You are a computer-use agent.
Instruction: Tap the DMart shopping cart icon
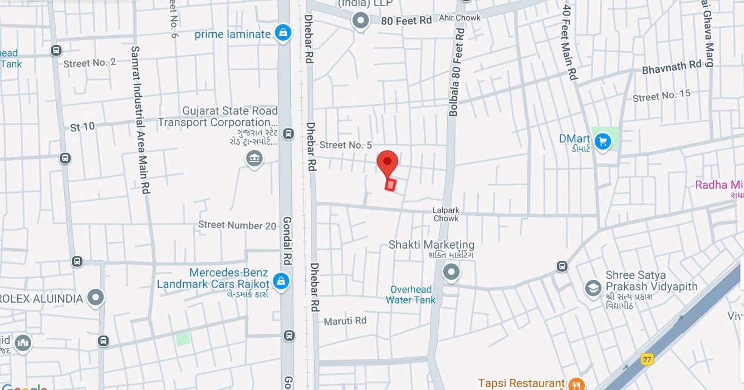(x=602, y=142)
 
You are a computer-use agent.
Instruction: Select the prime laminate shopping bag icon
(x=283, y=33)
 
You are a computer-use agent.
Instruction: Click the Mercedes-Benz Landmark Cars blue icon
(x=281, y=281)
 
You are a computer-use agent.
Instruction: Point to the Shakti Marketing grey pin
(x=451, y=272)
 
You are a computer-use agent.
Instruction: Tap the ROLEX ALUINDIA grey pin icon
(x=96, y=298)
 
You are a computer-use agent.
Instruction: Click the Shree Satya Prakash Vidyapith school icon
(x=593, y=288)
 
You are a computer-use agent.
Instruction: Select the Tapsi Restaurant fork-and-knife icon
(x=576, y=384)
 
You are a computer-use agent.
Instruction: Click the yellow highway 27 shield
(x=647, y=359)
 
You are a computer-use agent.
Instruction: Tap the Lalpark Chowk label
(x=446, y=214)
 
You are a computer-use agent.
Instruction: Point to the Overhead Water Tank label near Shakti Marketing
(x=411, y=295)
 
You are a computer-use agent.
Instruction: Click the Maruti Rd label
(x=345, y=320)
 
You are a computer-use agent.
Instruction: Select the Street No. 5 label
(x=346, y=145)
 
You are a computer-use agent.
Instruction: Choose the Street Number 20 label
(x=237, y=225)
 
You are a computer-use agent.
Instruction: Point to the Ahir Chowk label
(x=460, y=18)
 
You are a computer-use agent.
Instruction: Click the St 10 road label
(x=82, y=127)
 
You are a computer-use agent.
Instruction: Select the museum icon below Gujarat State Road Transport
(x=254, y=159)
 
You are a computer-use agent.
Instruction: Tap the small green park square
(x=183, y=338)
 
